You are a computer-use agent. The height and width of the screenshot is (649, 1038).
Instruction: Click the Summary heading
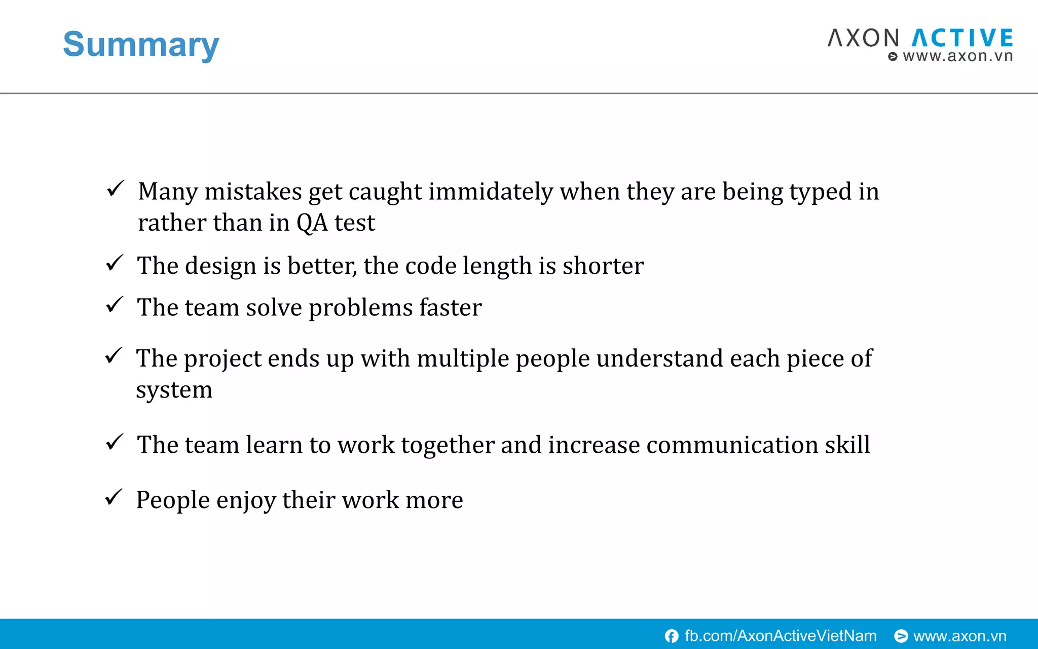[140, 45]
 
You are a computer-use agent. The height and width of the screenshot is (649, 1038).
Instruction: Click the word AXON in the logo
[863, 39]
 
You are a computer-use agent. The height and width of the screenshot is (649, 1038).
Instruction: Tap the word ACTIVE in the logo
[962, 39]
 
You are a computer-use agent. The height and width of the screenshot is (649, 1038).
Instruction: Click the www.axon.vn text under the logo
[957, 56]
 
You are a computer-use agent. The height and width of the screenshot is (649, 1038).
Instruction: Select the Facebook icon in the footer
[672, 636]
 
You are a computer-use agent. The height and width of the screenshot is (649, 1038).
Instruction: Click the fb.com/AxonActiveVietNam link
[780, 636]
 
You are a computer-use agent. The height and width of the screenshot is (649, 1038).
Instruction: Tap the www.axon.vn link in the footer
[959, 636]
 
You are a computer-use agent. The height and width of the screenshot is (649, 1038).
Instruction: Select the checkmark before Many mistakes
[116, 189]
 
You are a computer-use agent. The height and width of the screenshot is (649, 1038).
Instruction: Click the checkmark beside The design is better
[115, 263]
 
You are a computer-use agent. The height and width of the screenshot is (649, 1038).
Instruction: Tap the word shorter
[603, 266]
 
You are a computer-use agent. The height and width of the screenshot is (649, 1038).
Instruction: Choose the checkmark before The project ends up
[114, 355]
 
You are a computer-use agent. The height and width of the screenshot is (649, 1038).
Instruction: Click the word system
[174, 390]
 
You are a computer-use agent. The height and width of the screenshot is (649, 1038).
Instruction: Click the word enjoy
[246, 500]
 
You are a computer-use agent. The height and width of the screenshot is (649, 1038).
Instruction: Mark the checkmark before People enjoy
[114, 497]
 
